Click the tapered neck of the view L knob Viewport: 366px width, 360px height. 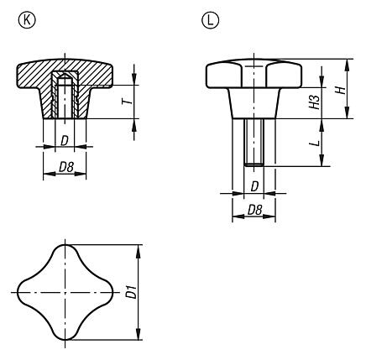click(x=253, y=107)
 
